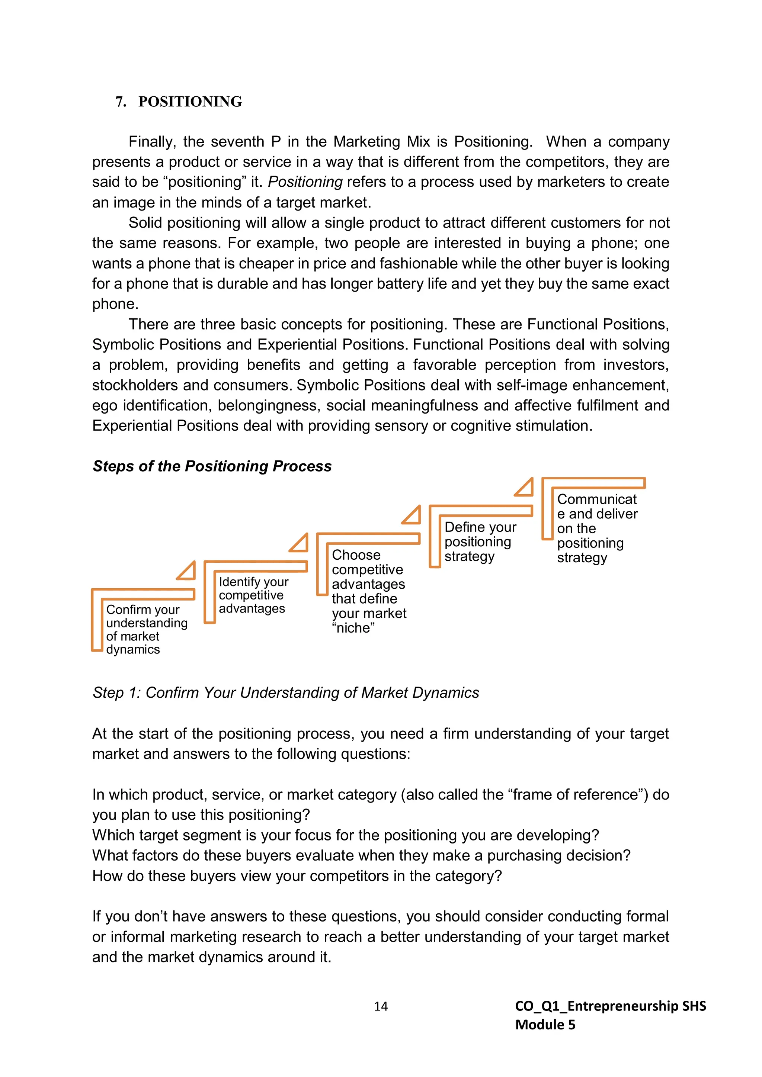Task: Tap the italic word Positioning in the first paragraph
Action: [x=305, y=181]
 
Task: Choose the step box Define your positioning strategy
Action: [x=480, y=541]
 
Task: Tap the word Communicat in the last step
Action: [x=596, y=499]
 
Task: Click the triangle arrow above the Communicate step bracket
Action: [x=525, y=488]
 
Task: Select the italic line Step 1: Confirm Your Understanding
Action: [x=286, y=692]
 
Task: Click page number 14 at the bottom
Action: [x=381, y=1006]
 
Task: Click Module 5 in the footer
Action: [x=545, y=1025]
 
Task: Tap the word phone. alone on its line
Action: [x=115, y=304]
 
